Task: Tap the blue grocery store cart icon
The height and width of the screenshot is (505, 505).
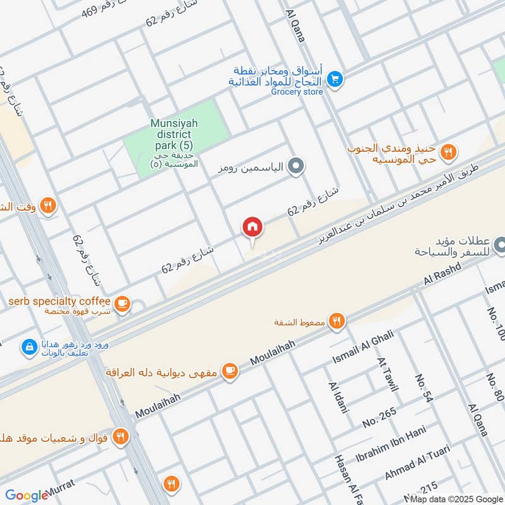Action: tap(335, 78)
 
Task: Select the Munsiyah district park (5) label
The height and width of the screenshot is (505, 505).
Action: tap(175, 136)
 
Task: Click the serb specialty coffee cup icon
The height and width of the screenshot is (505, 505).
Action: tap(123, 304)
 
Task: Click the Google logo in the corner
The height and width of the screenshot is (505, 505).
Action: tap(27, 496)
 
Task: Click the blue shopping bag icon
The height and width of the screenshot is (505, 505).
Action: tap(28, 347)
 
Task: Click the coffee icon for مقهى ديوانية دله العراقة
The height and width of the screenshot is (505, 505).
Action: tap(230, 371)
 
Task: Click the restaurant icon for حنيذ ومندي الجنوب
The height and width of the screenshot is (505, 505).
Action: tap(449, 151)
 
